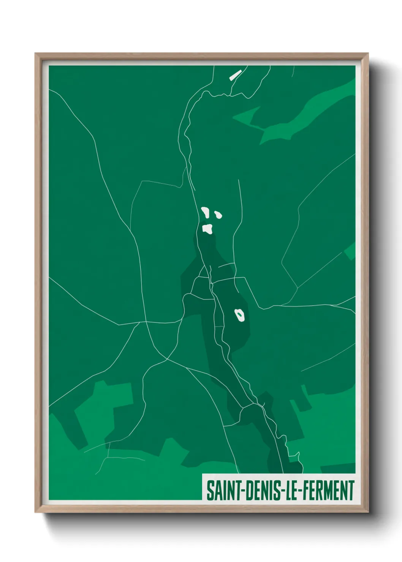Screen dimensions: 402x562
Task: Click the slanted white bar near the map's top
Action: click(235, 75)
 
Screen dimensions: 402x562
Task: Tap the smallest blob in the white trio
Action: click(218, 215)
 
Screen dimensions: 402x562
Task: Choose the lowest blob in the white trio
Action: click(207, 229)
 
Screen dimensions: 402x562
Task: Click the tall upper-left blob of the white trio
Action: click(205, 212)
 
